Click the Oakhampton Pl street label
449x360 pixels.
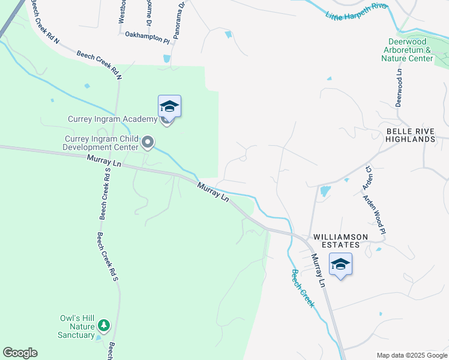pos(148,37)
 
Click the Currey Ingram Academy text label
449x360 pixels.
pos(112,119)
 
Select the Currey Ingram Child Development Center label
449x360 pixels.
pos(101,143)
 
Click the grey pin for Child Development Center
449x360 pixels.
pos(148,143)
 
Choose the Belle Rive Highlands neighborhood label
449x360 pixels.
pos(410,135)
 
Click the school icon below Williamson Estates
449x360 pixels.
pos(340,265)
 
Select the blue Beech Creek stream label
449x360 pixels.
pos(303,288)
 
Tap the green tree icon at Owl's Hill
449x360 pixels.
pos(104,325)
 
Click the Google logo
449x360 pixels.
pos(20,353)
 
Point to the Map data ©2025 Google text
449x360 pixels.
pos(412,355)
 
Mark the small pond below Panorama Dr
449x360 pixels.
pos(166,59)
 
